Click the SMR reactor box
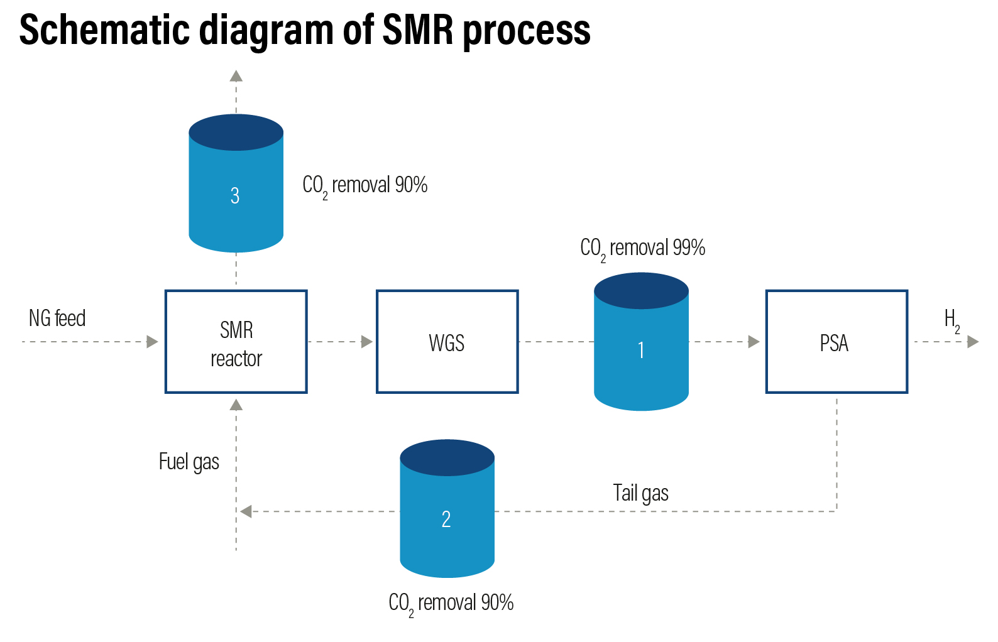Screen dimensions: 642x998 (236, 342)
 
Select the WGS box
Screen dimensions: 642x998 (447, 342)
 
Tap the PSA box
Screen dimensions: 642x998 (836, 342)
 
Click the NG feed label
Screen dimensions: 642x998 (57, 318)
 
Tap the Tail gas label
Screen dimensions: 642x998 (640, 493)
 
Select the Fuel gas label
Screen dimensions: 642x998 (189, 462)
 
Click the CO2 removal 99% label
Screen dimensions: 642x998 (642, 248)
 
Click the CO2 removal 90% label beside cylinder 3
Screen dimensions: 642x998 (365, 185)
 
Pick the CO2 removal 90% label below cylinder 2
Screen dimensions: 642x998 (451, 603)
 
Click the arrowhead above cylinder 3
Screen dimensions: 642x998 (236, 76)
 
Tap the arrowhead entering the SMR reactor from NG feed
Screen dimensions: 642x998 (152, 342)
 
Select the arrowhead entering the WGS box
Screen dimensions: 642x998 (367, 342)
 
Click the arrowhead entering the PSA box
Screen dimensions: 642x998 (754, 342)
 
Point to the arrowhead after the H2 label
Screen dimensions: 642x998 (973, 342)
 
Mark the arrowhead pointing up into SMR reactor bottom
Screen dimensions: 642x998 (236, 405)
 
